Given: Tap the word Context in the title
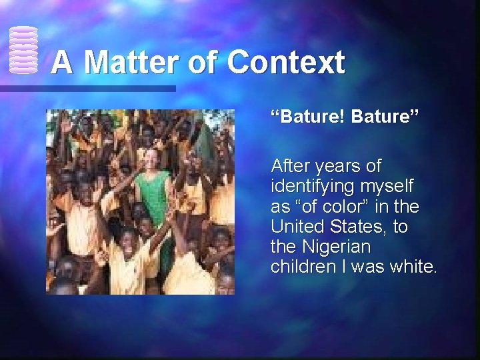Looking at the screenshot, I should pyautogui.click(x=286, y=63).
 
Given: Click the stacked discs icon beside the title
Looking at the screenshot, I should pyautogui.click(x=23, y=50).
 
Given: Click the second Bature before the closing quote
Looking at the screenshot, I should pyautogui.click(x=383, y=118).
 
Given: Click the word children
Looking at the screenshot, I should pyautogui.click(x=299, y=267).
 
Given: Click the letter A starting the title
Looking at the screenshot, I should pyautogui.click(x=62, y=63).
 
